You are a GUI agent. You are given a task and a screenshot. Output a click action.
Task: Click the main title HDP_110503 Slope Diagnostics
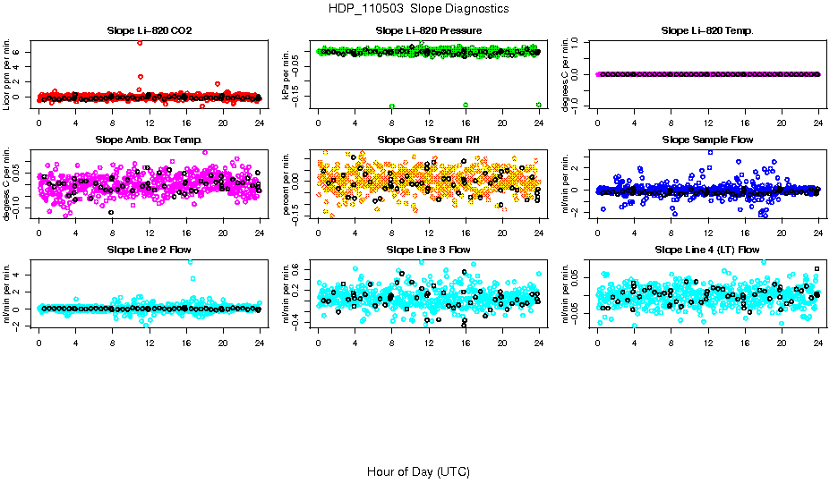coord(419,9)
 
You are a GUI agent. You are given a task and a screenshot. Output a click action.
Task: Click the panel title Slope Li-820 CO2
coord(149,31)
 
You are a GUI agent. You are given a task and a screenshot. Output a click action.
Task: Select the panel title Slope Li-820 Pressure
coord(429,31)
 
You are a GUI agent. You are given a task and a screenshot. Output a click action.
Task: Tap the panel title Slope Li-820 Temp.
coord(707,31)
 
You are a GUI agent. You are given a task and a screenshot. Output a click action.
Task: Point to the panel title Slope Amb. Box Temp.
coord(149,140)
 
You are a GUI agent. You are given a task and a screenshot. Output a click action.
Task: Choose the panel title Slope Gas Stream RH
coord(429,140)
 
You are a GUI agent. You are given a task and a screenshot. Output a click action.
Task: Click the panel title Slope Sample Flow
coord(707,140)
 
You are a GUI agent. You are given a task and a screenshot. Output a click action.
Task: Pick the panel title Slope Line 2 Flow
coord(149,250)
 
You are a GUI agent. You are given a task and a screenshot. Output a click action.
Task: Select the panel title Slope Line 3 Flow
coord(429,250)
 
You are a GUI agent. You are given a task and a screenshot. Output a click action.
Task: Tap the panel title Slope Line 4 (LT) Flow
coord(707,250)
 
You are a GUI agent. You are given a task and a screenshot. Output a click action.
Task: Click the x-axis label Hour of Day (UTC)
coord(418,471)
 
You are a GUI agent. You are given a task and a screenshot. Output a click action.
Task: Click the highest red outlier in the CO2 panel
coord(140,43)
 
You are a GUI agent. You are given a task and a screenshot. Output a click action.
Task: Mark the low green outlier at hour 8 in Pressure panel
coord(392,106)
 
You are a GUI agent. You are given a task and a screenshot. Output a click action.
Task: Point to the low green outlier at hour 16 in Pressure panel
coord(466,106)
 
